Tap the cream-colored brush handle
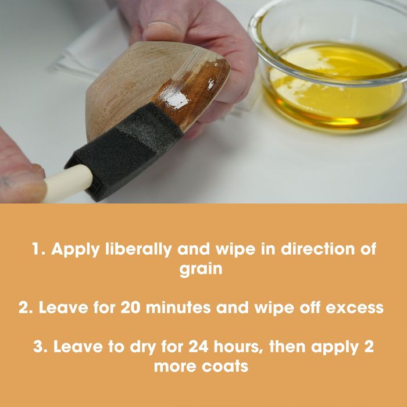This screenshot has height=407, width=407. (x=68, y=183)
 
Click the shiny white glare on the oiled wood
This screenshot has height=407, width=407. (x=173, y=96)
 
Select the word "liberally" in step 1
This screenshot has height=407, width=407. (x=138, y=249)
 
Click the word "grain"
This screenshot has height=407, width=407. (x=201, y=269)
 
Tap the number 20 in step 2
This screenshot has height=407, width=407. (x=131, y=308)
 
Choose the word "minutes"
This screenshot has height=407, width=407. (x=178, y=308)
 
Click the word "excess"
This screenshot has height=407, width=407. (x=355, y=308)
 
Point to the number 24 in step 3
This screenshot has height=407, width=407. (x=198, y=347)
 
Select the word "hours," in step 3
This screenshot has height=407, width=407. (x=238, y=347)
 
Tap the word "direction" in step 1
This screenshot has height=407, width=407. (x=318, y=249)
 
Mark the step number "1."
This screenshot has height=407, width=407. (x=39, y=249)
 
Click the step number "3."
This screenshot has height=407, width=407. (x=41, y=347)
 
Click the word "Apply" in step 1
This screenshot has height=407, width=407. (x=76, y=249)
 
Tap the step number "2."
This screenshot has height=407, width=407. (x=26, y=308)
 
